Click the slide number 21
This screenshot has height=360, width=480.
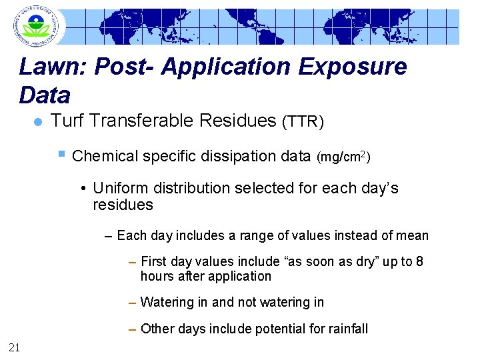point(15,346)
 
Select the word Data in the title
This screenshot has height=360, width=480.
point(45,95)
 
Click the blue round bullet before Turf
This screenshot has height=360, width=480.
point(38,121)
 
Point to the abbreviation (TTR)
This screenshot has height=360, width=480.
point(303,122)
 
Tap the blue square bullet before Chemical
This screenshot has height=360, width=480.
point(61,155)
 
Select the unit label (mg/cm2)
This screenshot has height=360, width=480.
point(343,157)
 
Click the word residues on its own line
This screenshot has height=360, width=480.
point(123,205)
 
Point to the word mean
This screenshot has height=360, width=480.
point(413,235)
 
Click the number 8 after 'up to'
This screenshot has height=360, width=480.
point(419,261)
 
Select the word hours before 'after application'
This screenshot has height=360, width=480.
point(157,276)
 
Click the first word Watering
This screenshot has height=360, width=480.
point(167,302)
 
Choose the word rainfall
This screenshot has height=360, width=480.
point(344,328)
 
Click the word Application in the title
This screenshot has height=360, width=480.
point(217,68)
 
